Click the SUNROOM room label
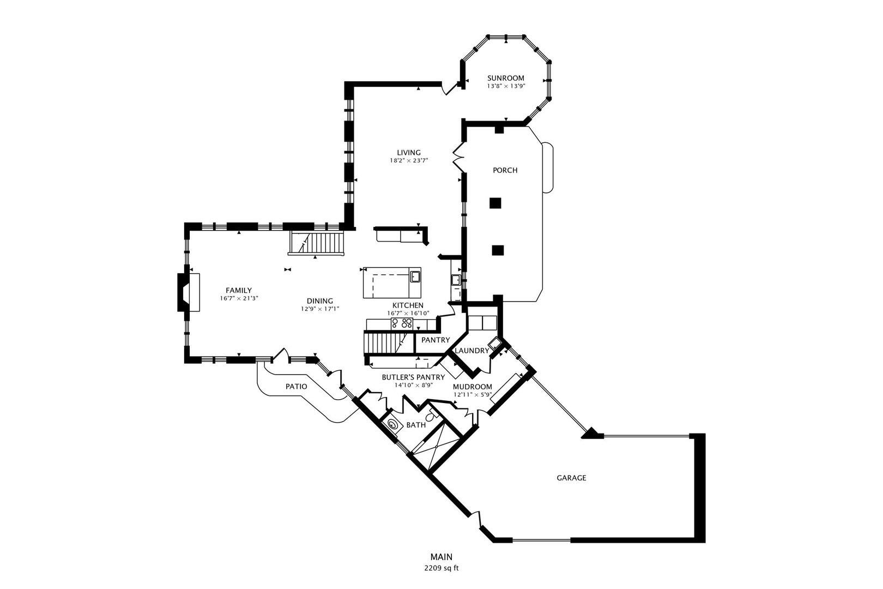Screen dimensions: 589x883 tap(506, 78)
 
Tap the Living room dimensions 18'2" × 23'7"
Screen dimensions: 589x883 tap(409, 161)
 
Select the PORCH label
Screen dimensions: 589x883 tap(505, 170)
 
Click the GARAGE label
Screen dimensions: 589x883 tap(571, 478)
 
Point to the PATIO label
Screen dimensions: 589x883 tap(296, 387)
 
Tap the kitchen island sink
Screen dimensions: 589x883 tap(415, 276)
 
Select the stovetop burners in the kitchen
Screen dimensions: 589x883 tap(402, 324)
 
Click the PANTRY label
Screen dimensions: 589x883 tap(436, 340)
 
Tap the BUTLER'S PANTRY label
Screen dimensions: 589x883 tap(413, 377)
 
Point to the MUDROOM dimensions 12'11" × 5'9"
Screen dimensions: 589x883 tap(473, 394)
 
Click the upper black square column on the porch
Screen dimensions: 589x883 tap(495, 203)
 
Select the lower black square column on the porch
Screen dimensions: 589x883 tap(497, 250)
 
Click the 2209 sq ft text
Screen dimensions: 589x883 tap(441, 568)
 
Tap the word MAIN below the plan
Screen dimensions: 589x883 tap(441, 557)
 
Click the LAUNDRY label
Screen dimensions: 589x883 tap(471, 351)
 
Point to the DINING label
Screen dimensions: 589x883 tap(320, 301)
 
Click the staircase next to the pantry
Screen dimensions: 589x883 tap(383, 343)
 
